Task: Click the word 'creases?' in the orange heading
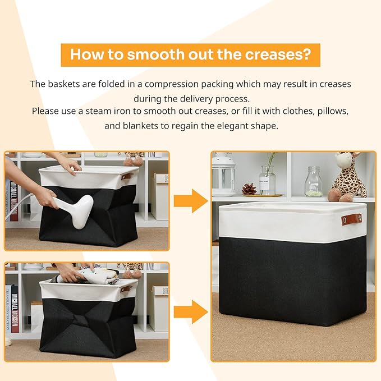click(278, 54)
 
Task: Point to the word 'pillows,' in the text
click(333, 111)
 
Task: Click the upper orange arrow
click(191, 201)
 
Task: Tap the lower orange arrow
click(191, 312)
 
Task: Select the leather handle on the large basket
click(352, 219)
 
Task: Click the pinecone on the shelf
click(249, 189)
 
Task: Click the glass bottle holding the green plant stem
click(267, 180)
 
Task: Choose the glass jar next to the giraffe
click(314, 181)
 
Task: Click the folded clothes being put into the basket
click(90, 276)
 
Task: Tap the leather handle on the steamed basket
click(127, 176)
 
